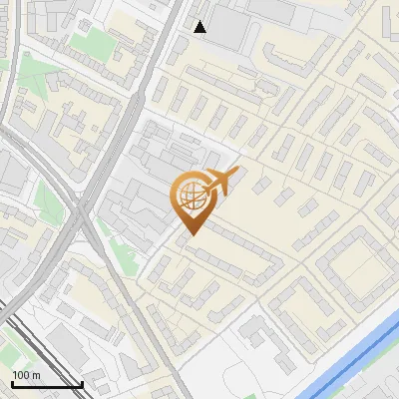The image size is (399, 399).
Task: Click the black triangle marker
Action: click(200, 27)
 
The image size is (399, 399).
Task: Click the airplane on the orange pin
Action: click(217, 183)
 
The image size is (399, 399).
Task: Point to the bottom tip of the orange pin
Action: click(191, 234)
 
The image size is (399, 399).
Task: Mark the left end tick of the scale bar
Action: click(11, 383)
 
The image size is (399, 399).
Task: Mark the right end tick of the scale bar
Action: click(82, 383)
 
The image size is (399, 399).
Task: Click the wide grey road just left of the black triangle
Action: click(178, 30)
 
